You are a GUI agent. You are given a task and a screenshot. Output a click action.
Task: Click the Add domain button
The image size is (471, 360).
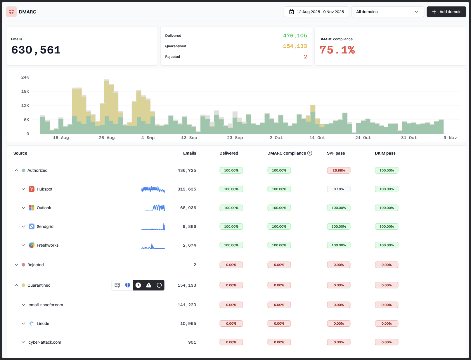pos(446,12)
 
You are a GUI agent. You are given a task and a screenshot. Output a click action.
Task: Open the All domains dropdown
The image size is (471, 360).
pos(387,12)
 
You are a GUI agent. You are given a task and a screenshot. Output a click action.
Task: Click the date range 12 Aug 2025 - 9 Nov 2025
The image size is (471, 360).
pos(316,12)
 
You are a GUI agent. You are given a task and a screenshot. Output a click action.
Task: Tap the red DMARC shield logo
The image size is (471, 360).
pos(11,12)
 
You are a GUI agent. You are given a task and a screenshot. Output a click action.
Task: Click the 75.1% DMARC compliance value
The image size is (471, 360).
pos(337,50)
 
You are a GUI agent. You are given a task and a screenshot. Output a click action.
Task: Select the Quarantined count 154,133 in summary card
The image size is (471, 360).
pos(295,46)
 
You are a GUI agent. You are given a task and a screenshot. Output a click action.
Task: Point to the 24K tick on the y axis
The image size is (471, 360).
pos(25,77)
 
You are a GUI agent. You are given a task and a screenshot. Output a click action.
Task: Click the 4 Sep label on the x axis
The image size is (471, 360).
pos(148,138)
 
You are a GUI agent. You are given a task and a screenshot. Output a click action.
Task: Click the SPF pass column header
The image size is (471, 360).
pos(336,153)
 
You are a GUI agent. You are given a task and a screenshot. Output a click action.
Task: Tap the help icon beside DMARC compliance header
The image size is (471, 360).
pos(310,153)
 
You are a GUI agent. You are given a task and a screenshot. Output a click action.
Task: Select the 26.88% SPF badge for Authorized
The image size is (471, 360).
pos(339,170)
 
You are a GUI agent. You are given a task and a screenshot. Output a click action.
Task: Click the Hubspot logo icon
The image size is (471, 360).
pos(32,189)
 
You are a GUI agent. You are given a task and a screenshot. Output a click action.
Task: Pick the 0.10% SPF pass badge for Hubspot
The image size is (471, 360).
pos(339,189)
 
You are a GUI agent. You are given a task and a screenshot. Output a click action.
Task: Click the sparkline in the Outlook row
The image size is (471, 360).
pos(153,208)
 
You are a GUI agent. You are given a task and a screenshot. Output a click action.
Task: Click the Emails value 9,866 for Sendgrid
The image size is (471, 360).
pos(189,226)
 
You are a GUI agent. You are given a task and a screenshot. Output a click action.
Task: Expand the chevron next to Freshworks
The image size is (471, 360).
pos(23,245)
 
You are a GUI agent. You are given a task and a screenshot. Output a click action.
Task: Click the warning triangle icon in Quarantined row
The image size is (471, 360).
pos(149,285)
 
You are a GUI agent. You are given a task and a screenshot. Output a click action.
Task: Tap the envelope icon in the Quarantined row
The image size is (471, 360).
pos(117,285)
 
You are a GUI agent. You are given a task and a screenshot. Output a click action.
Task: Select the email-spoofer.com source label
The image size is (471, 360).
pos(46,305)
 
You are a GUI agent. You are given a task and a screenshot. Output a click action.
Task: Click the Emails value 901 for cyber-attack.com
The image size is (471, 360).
pos(192,342)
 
